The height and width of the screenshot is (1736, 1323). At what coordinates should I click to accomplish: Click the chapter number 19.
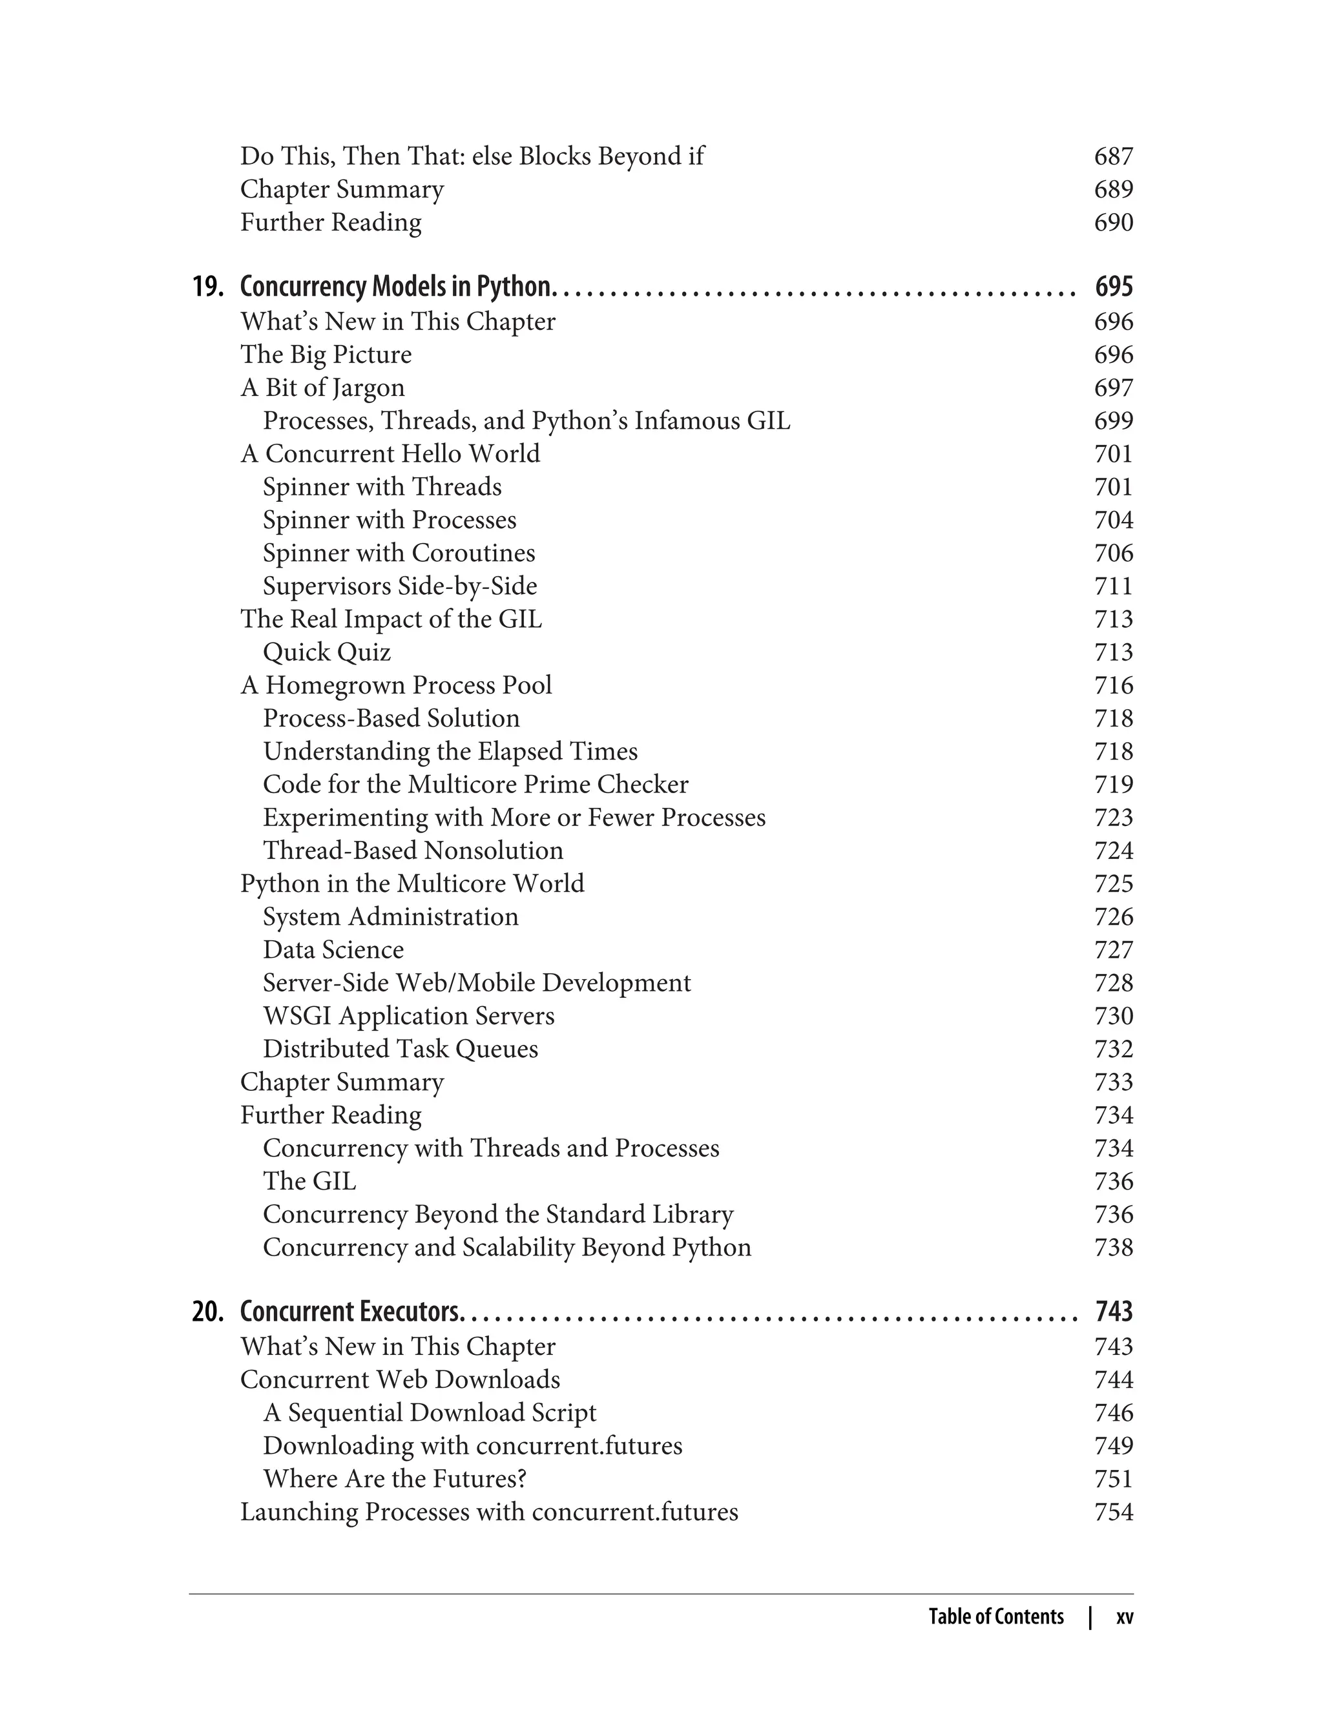pos(208,287)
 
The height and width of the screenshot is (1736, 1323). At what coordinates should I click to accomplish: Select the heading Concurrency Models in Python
pos(396,287)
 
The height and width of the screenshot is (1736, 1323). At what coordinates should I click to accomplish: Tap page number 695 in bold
pos(1114,287)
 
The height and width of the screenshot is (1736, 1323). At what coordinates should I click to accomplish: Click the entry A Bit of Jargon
pos(322,387)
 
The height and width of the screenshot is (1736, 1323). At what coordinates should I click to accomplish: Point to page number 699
pos(1114,420)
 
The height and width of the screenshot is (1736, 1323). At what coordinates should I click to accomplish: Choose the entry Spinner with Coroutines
pos(399,553)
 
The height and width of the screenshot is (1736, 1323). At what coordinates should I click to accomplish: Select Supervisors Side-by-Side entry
pos(399,586)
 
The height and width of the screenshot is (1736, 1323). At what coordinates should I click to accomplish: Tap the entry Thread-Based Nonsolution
pos(413,851)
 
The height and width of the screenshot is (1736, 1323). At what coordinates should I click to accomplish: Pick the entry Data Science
pos(333,949)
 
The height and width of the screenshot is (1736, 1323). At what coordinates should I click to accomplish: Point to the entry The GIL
pos(309,1181)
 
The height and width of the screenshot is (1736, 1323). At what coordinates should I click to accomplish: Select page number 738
pos(1114,1247)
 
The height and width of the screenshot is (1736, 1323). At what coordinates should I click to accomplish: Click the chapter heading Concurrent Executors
pos(349,1312)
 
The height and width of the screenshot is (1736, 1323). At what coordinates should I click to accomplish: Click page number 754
pos(1114,1512)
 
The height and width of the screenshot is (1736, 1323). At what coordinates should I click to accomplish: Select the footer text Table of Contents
pos(995,1617)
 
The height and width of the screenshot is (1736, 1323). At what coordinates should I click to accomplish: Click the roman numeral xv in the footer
pos(1125,1617)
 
